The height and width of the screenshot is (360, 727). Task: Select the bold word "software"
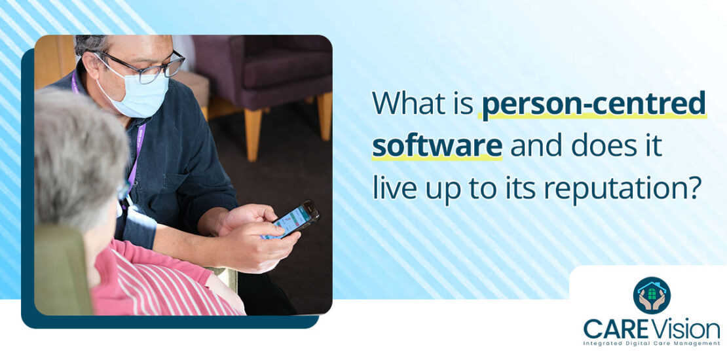(x=437, y=146)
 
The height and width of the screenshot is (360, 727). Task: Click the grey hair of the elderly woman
(x=72, y=151)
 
